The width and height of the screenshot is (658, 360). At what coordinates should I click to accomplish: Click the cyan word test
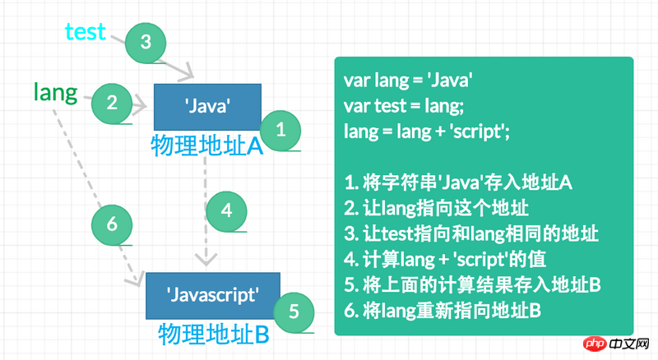point(86,31)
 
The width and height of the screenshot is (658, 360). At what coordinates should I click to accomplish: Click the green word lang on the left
point(55,91)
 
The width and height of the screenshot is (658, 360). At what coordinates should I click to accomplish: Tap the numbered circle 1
point(280,129)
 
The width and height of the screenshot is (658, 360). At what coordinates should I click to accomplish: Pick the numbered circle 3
point(146,42)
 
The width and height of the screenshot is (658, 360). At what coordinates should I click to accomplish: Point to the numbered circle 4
point(227,210)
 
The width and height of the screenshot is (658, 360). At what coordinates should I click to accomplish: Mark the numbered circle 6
point(113,223)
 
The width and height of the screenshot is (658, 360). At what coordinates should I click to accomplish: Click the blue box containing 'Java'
point(207,106)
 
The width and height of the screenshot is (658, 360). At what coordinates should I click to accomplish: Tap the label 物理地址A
point(206,146)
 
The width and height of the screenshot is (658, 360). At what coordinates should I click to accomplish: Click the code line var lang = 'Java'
point(408,81)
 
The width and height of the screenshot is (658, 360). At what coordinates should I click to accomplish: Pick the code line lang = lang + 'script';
point(427,131)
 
